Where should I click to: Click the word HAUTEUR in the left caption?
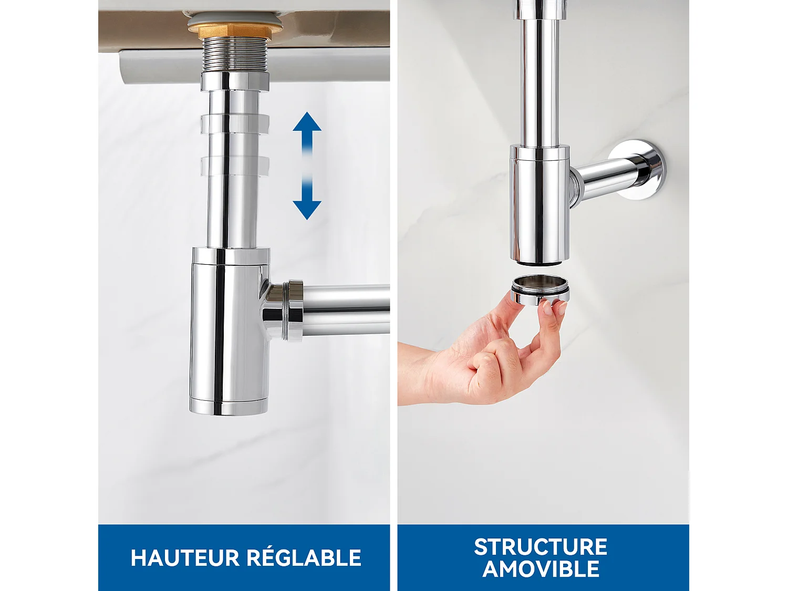pos(185,558)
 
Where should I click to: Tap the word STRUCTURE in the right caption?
pos(541,547)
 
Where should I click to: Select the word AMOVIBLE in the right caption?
pos(541,569)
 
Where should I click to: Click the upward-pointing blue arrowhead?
pos(307,123)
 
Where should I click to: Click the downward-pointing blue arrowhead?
pos(307,208)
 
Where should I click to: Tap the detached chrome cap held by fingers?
pos(540,291)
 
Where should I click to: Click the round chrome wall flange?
pos(645,169)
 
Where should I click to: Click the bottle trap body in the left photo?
pos(229,331)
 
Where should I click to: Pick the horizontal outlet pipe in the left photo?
pos(347,310)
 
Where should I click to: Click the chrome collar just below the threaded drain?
pos(234,81)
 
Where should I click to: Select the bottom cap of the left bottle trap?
pos(229,408)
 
